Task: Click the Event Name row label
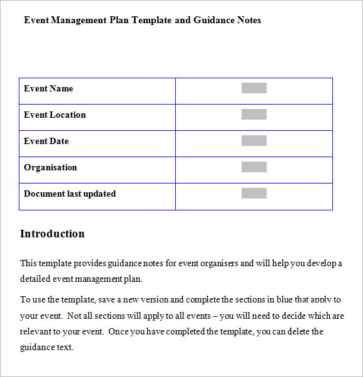coord(48,89)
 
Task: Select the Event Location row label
coord(54,115)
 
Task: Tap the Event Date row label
coord(46,142)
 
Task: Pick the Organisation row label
coord(50,168)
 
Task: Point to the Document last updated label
coord(69,194)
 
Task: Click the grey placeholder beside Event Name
coord(253,88)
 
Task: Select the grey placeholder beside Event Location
coord(253,115)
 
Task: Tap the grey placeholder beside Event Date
coord(253,141)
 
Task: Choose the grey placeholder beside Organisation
coord(253,167)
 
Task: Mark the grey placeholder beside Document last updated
coord(253,194)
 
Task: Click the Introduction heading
coord(52,234)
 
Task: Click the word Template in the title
coord(152,20)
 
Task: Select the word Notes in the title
coord(249,20)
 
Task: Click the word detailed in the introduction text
coord(35,279)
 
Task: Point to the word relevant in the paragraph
coord(36,332)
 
